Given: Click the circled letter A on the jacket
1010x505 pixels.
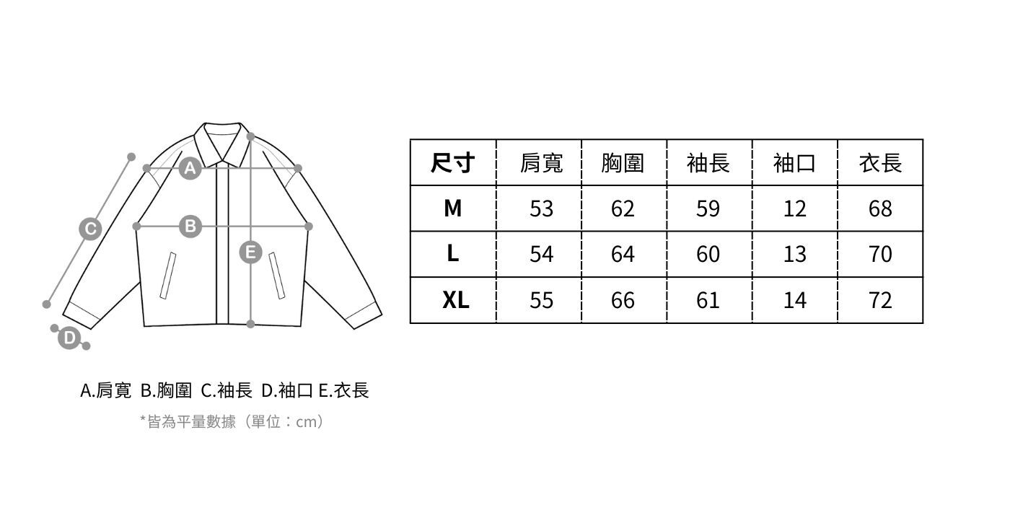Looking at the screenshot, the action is [x=190, y=168].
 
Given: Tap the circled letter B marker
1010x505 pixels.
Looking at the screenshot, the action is [x=190, y=227].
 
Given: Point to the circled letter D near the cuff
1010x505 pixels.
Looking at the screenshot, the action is [x=69, y=338].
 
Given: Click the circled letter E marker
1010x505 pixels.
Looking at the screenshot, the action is [x=250, y=252].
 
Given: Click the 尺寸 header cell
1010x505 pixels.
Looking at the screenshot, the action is [x=452, y=163].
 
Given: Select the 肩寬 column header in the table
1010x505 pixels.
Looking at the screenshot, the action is [x=541, y=163].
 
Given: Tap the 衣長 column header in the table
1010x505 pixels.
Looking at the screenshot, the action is [x=880, y=163].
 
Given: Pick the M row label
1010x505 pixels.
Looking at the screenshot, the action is [x=452, y=208].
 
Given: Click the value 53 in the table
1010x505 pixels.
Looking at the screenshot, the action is [x=541, y=208].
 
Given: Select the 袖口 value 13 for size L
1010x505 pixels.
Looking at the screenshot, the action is [x=794, y=254].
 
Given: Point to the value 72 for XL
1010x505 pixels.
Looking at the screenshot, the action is [x=880, y=300].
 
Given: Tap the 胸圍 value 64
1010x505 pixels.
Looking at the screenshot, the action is [x=623, y=254].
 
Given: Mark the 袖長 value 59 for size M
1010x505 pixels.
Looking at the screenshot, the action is [x=708, y=208].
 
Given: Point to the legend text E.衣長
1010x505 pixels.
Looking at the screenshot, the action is [x=343, y=391].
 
